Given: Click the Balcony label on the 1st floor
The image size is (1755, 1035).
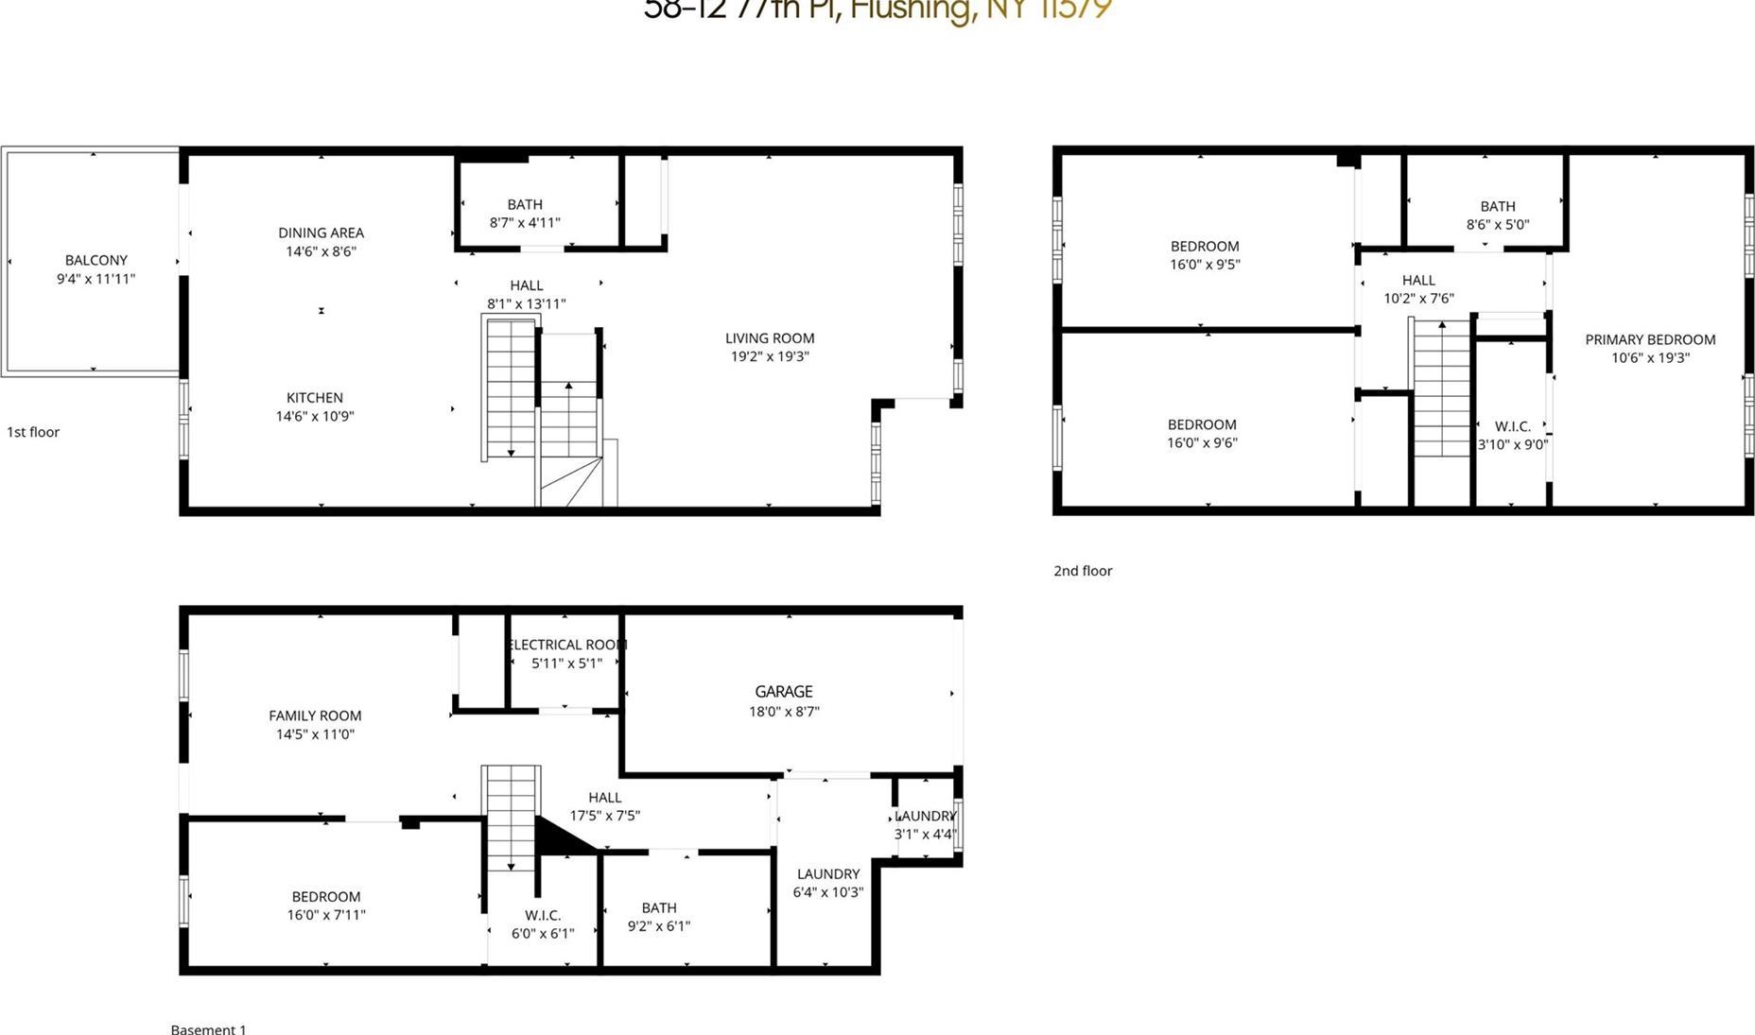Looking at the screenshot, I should tap(96, 260).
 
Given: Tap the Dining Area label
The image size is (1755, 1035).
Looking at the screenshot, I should tap(321, 233).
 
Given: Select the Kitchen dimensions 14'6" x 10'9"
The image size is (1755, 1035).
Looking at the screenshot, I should tap(315, 416).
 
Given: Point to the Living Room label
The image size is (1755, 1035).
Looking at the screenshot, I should tap(770, 338).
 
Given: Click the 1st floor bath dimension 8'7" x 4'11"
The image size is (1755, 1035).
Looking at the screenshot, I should tap(525, 223).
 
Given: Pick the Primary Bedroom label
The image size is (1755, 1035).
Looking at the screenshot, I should tap(1650, 339).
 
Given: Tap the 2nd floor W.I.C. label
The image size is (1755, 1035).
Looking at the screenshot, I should tap(1513, 426).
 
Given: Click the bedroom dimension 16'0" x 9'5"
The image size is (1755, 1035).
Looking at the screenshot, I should tap(1205, 265).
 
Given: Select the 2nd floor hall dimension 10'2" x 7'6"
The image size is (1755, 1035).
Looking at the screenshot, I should tap(1418, 299).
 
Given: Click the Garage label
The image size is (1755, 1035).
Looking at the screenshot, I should tap(784, 692).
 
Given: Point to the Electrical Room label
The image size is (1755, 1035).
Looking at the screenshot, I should tap(567, 645).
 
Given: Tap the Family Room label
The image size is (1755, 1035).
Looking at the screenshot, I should tap(315, 716).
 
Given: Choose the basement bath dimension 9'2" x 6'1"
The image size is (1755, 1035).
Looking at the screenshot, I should tap(659, 926).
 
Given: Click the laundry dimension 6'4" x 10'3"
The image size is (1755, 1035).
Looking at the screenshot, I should tap(828, 892).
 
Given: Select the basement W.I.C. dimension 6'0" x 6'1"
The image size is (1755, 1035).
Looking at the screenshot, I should tap(543, 934).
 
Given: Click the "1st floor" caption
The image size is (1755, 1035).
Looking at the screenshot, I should tap(33, 432).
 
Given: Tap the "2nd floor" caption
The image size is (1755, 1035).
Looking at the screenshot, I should tap(1083, 571).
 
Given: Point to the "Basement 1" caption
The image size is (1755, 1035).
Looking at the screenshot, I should tap(208, 1028).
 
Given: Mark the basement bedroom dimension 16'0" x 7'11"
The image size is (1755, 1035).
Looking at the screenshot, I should tap(326, 915).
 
